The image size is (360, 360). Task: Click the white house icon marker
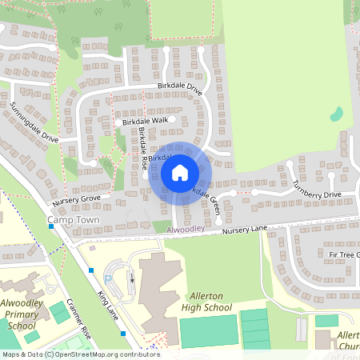tap(179, 171)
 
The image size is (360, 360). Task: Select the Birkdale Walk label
tap(146, 121)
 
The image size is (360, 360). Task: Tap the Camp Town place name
tap(70, 218)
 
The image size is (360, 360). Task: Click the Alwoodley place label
tap(186, 229)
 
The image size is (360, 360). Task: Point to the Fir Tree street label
tap(343, 254)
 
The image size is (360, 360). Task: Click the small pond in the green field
tap(337, 114)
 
